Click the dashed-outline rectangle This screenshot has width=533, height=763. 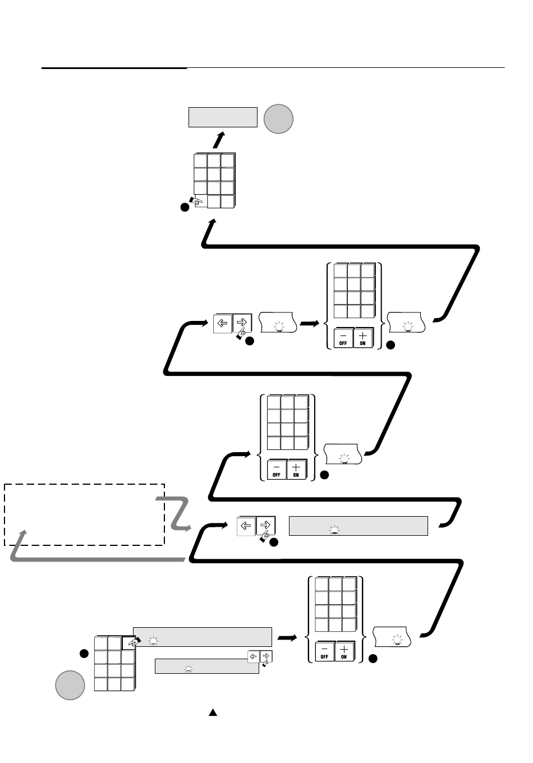pyautogui.click(x=84, y=514)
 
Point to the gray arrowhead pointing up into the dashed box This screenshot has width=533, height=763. pyautogui.click(x=22, y=532)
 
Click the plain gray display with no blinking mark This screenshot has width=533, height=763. pyautogui.click(x=222, y=117)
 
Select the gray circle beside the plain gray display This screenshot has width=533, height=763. pyautogui.click(x=279, y=119)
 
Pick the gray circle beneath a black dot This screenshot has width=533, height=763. pyautogui.click(x=70, y=685)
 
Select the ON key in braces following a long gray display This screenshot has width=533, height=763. pyautogui.click(x=344, y=651)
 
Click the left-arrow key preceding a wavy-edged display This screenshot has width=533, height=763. pyautogui.click(x=222, y=323)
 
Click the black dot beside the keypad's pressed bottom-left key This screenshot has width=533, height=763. pyautogui.click(x=183, y=208)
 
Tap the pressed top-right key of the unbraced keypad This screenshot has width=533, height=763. pyautogui.click(x=128, y=643)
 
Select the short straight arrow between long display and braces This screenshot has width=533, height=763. pyautogui.click(x=287, y=637)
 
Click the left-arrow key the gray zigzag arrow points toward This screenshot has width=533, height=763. pyautogui.click(x=246, y=526)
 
